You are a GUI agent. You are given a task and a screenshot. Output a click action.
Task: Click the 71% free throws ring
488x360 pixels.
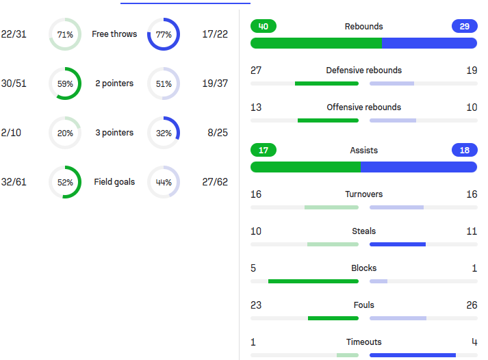pyautogui.click(x=65, y=34)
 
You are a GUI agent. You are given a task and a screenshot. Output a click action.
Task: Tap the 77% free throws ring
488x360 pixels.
pyautogui.click(x=164, y=34)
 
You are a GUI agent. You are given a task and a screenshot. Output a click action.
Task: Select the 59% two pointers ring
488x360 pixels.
pyautogui.click(x=65, y=83)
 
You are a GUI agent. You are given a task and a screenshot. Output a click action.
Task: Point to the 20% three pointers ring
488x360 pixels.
pyautogui.click(x=65, y=133)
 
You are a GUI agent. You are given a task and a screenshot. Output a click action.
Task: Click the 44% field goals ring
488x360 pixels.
pyautogui.click(x=164, y=182)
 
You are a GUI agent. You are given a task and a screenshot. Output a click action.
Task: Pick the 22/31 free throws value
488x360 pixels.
pyautogui.click(x=14, y=34)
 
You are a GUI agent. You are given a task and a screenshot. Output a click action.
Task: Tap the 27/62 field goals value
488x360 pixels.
pyautogui.click(x=216, y=182)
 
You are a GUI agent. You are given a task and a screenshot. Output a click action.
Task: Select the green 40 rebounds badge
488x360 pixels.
pyautogui.click(x=264, y=27)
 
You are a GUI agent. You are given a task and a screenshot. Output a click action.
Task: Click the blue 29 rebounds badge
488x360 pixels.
pyautogui.click(x=464, y=27)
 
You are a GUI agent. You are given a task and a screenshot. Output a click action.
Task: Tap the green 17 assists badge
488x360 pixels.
pyautogui.click(x=264, y=151)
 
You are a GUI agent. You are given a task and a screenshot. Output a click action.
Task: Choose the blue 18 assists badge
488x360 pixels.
pyautogui.click(x=464, y=151)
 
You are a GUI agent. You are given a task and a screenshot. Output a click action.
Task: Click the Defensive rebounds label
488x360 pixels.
pyautogui.click(x=363, y=70)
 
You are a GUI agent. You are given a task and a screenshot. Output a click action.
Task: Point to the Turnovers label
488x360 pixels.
pyautogui.click(x=363, y=194)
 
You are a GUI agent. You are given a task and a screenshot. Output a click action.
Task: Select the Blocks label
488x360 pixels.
pyautogui.click(x=363, y=268)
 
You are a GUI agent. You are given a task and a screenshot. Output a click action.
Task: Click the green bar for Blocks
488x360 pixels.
pyautogui.click(x=313, y=281)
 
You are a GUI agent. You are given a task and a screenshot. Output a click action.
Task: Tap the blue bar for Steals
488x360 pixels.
pyautogui.click(x=398, y=244)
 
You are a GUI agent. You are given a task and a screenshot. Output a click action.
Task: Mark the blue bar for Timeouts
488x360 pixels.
pyautogui.click(x=413, y=355)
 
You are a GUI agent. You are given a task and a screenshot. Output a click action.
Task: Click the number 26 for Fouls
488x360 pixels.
pyautogui.click(x=471, y=305)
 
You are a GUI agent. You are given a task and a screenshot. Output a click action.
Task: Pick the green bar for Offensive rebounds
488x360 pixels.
pyautogui.click(x=328, y=120)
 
